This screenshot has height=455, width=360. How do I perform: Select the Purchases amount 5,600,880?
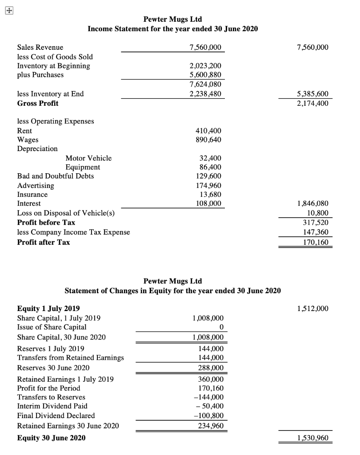tap(205, 75)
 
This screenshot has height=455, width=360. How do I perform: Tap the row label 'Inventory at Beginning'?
tap(53, 66)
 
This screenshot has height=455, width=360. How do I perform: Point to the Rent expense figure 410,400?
tap(208, 131)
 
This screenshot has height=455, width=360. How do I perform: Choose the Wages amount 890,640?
tap(208, 140)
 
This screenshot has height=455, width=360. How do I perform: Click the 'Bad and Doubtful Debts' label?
tap(56, 176)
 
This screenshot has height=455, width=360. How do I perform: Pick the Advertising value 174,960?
tap(208, 185)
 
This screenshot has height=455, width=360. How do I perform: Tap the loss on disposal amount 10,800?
tap(317, 213)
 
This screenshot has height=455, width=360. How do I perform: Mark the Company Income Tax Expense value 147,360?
tap(315, 231)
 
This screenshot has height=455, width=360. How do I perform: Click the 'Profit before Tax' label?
tap(46, 222)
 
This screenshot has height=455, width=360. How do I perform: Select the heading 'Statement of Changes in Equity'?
tap(173, 291)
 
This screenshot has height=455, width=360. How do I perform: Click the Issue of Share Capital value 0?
tap(221, 327)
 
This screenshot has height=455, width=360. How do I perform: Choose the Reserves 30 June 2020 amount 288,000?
tap(211, 368)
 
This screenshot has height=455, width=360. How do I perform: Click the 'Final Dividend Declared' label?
tap(56, 415)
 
